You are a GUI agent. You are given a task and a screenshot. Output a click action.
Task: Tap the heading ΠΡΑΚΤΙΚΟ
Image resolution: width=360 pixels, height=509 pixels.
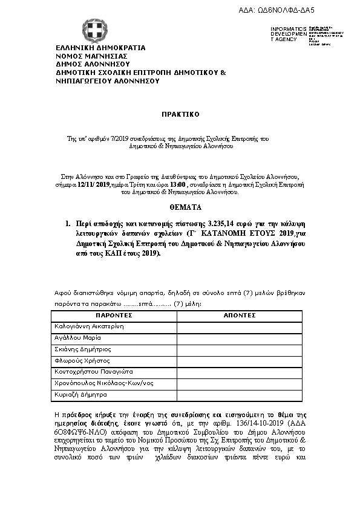[x=180, y=114]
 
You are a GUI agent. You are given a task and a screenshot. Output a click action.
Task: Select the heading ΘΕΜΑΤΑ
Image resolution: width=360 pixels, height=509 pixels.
[x=180, y=207]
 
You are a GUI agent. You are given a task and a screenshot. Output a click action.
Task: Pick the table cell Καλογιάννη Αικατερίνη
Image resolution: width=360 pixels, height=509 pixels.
[x=89, y=326]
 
